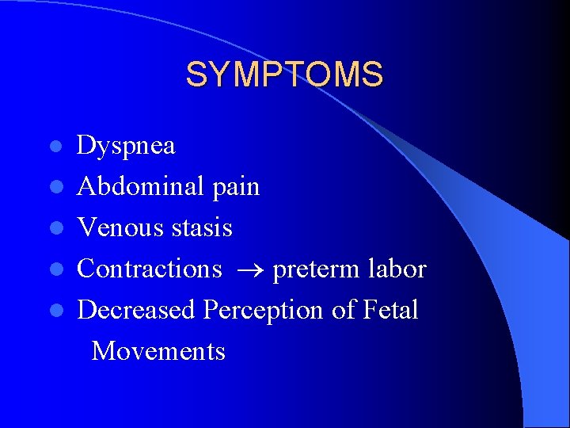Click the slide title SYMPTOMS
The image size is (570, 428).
tap(284, 75)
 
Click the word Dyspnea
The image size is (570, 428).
tap(126, 147)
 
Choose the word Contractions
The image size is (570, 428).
tap(150, 269)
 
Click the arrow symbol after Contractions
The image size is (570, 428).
tap(247, 270)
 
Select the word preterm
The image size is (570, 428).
tap(313, 270)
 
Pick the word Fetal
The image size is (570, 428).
tap(391, 311)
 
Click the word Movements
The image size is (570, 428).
tap(158, 351)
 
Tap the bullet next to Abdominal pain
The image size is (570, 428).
tap(55, 188)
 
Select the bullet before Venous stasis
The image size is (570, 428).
tap(55, 229)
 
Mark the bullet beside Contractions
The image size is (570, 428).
tap(55, 270)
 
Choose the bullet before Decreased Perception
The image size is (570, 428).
tap(55, 311)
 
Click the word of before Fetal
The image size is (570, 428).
tap(344, 311)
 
